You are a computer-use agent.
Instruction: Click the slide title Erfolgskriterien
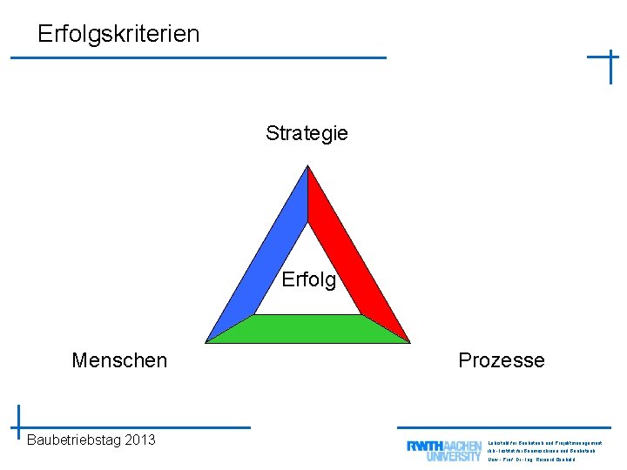118,34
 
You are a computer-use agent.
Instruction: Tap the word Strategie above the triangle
307,133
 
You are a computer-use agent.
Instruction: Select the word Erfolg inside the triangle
308,280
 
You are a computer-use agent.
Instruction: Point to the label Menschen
119,360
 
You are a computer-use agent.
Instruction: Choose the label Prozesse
502,360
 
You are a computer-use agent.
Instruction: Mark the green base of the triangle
307,329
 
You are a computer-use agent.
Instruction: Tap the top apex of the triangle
307,169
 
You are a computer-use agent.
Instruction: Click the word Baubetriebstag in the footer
73,440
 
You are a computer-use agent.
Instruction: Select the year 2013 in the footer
140,440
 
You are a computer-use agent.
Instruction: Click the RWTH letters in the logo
425,446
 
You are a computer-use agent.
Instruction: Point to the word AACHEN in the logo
463,446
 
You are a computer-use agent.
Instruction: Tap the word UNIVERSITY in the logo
454,455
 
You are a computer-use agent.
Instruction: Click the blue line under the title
199,57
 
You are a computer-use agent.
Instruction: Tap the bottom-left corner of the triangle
208,340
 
